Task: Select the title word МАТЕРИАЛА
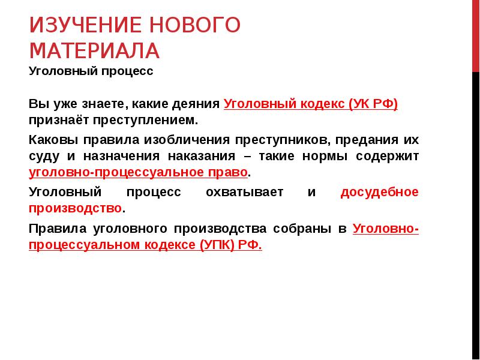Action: (x=94, y=50)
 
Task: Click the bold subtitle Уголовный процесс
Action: (x=91, y=71)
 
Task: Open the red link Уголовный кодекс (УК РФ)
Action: (x=311, y=103)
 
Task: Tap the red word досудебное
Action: (x=379, y=193)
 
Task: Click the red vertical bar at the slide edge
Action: (x=476, y=36)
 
